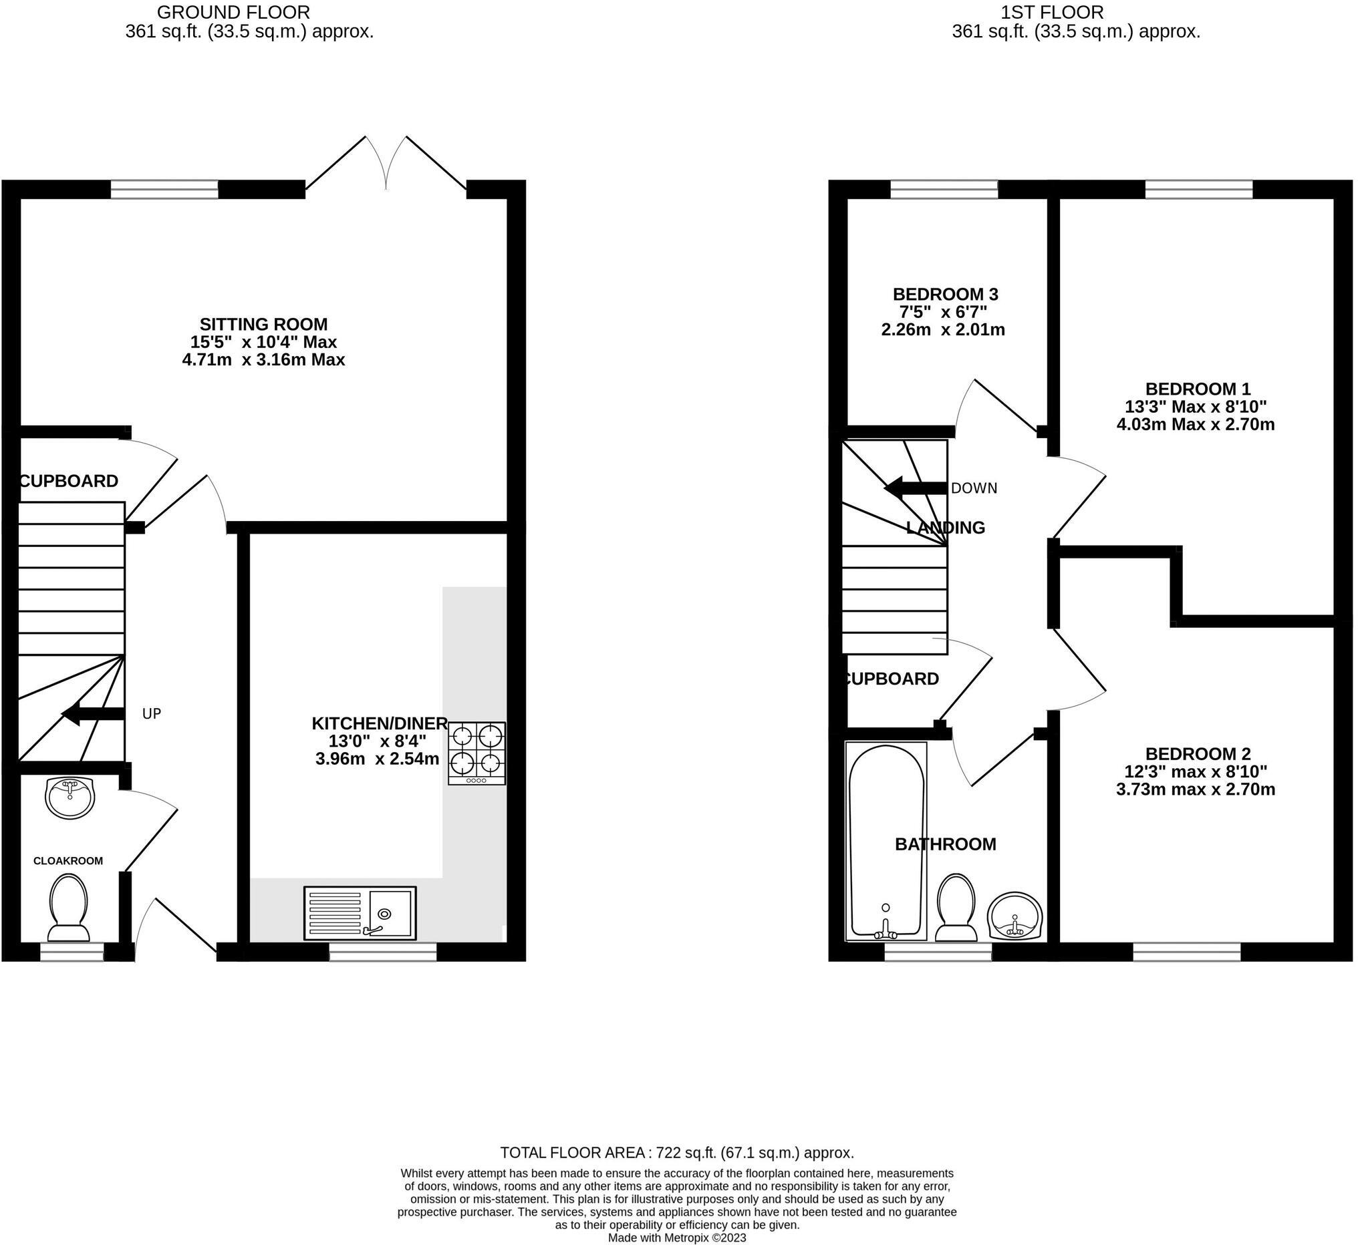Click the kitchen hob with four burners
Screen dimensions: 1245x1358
[477, 753]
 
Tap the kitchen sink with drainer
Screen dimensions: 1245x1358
[360, 913]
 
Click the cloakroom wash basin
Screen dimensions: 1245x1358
[70, 797]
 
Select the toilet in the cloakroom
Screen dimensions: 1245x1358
[69, 908]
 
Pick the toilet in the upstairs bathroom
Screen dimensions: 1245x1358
[956, 908]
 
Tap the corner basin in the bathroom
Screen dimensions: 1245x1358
[1016, 915]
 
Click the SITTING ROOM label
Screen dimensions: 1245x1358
[263, 324]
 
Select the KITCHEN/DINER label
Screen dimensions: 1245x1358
[380, 723]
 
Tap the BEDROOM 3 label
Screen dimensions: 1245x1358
[945, 295]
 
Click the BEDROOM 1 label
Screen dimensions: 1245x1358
[1198, 389]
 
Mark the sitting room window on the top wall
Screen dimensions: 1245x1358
[164, 189]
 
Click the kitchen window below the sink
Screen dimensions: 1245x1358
[383, 951]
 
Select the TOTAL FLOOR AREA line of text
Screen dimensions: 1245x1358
[676, 1153]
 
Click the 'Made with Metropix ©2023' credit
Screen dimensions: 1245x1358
[676, 1238]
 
